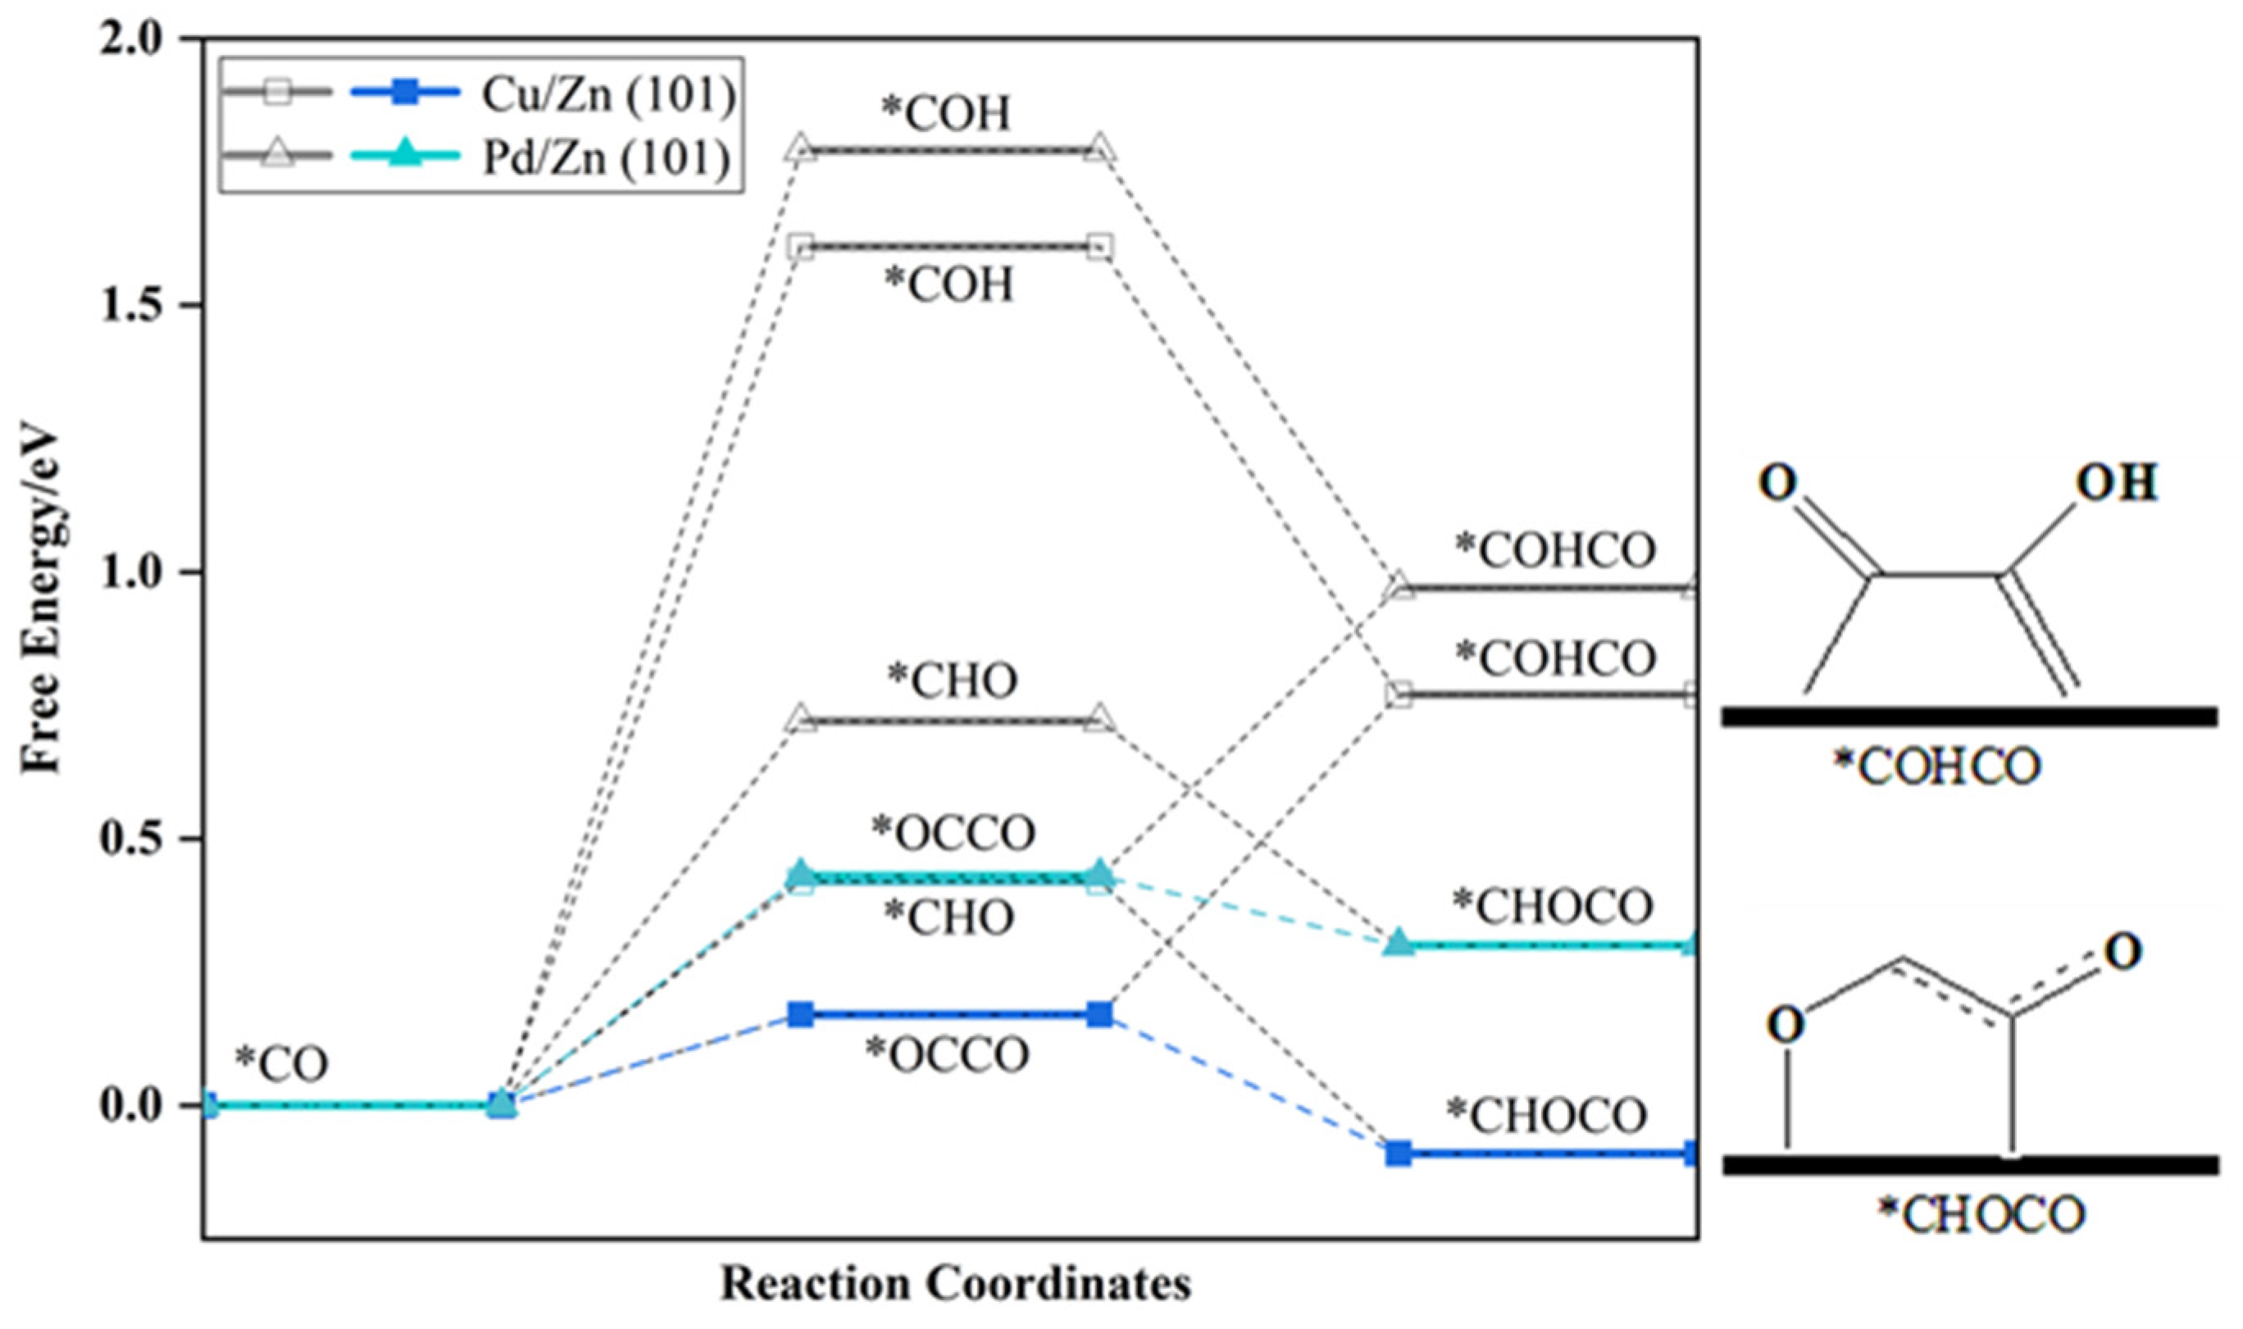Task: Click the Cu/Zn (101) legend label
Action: click(608, 95)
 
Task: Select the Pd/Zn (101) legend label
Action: click(608, 159)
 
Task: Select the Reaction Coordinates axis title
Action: click(955, 1283)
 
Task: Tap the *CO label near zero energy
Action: click(281, 1064)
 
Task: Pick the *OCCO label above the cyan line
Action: click(953, 835)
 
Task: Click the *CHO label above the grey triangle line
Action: click(952, 680)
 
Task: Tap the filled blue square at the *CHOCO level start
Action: click(1399, 1154)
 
